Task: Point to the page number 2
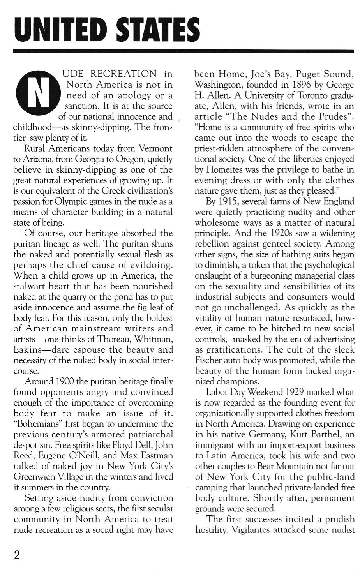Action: pos(17,555)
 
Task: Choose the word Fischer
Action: pos(210,360)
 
